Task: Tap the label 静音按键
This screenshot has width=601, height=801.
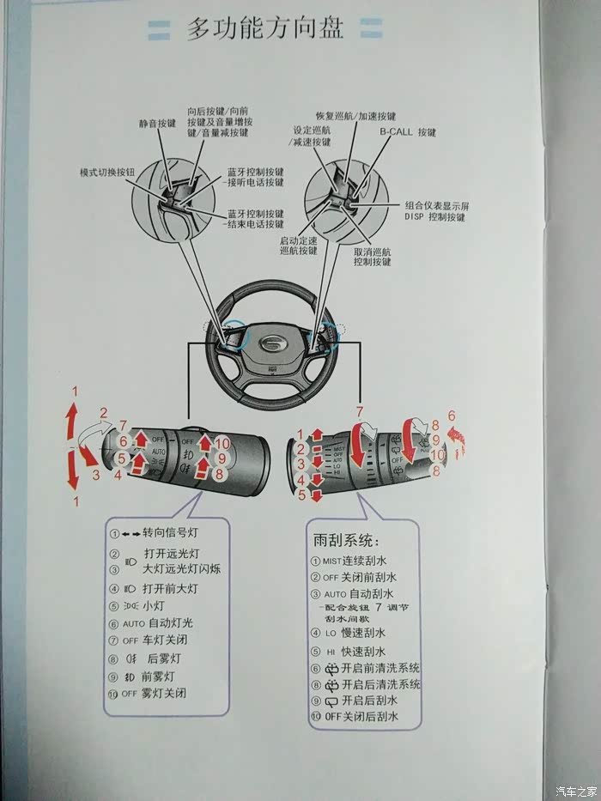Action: pyautogui.click(x=157, y=124)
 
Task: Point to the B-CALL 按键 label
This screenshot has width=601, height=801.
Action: pyautogui.click(x=409, y=133)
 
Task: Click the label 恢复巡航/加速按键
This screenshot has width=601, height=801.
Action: pyautogui.click(x=355, y=116)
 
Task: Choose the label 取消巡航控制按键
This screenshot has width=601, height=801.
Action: pyautogui.click(x=373, y=257)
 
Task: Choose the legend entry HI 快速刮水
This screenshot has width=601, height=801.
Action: pyautogui.click(x=354, y=652)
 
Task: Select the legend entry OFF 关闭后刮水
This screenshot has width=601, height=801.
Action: pyautogui.click(x=360, y=716)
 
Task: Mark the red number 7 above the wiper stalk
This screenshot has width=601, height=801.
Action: pyautogui.click(x=360, y=411)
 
